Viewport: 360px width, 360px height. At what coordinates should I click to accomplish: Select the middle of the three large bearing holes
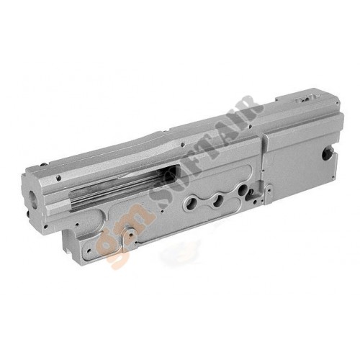pos(218,199)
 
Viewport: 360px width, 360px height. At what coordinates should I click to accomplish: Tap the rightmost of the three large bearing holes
pos(242,191)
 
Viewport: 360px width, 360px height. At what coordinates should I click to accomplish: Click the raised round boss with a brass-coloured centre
pos(130,233)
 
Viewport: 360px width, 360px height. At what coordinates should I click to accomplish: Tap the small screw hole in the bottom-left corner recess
pos(89,250)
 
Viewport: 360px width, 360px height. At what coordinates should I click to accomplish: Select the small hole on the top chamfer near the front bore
pos(58,178)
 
